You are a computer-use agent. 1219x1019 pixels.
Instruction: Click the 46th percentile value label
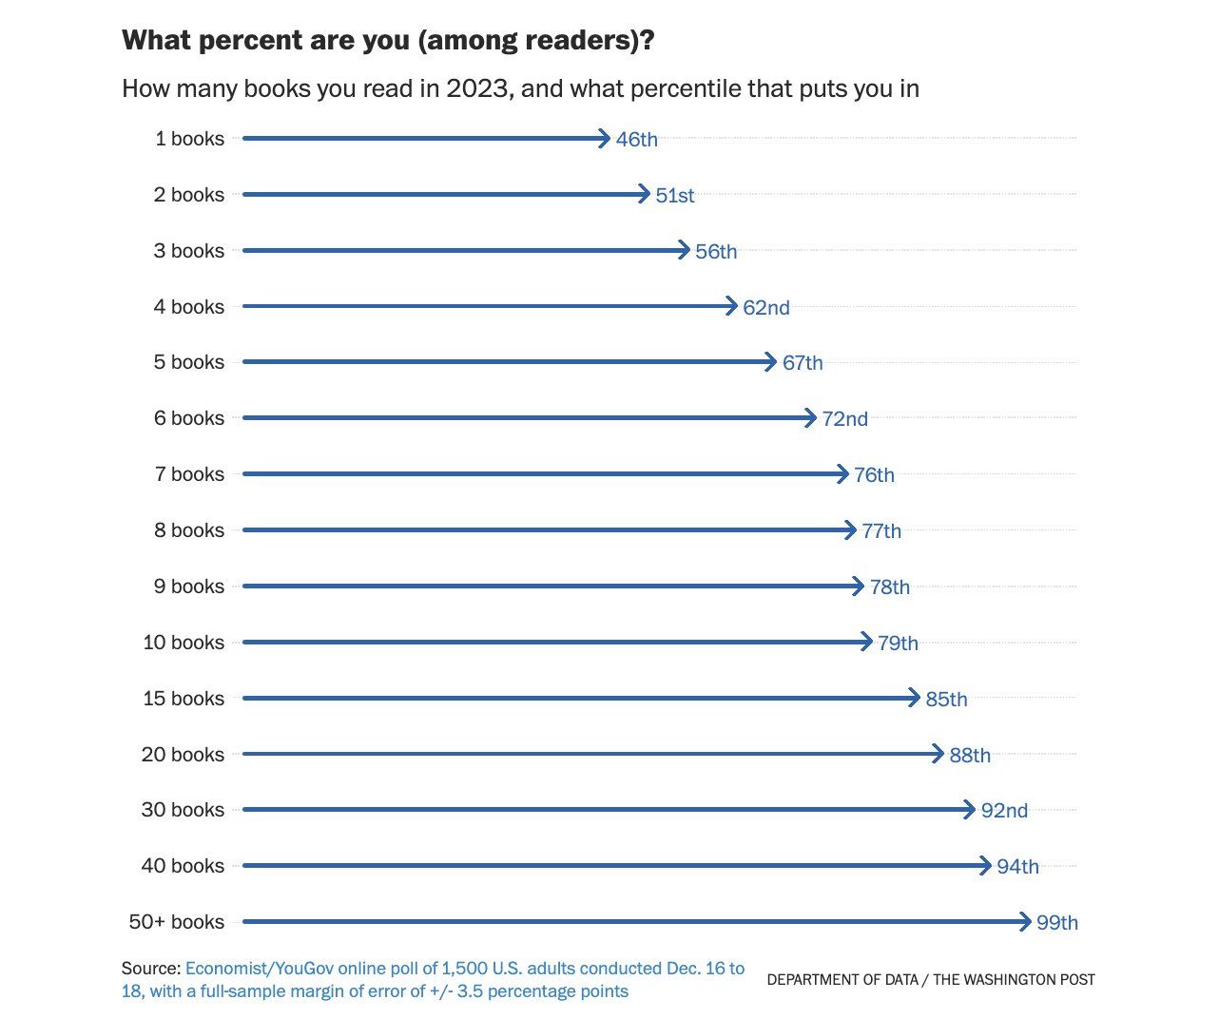click(x=636, y=140)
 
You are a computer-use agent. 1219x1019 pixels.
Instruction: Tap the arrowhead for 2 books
click(x=646, y=195)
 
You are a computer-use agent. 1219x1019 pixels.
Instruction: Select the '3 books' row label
click(x=189, y=251)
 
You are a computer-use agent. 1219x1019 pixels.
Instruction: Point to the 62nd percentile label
click(x=765, y=308)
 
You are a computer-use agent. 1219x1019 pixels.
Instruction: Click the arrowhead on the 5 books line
click(x=772, y=362)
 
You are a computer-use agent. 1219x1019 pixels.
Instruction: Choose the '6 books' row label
click(x=189, y=418)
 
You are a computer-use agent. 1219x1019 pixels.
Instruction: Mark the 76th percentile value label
click(x=874, y=475)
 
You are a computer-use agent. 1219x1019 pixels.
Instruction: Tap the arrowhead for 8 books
click(x=852, y=530)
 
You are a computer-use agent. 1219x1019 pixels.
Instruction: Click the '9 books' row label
click(x=189, y=586)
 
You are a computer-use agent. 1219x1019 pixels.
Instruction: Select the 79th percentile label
click(x=898, y=644)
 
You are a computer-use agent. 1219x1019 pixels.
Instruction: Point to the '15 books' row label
click(x=184, y=699)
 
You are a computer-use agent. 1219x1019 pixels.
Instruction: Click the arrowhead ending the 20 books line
click(x=938, y=755)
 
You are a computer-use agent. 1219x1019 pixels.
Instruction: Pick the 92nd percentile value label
click(x=1004, y=811)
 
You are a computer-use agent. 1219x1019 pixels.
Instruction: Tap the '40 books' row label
click(x=184, y=866)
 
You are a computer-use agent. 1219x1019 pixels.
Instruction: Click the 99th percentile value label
click(x=1056, y=923)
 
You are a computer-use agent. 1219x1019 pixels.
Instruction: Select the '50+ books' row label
click(x=177, y=922)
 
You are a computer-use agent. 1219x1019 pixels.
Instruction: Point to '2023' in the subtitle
click(x=477, y=89)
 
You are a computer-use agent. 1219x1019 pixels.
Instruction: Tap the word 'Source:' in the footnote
click(x=150, y=969)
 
